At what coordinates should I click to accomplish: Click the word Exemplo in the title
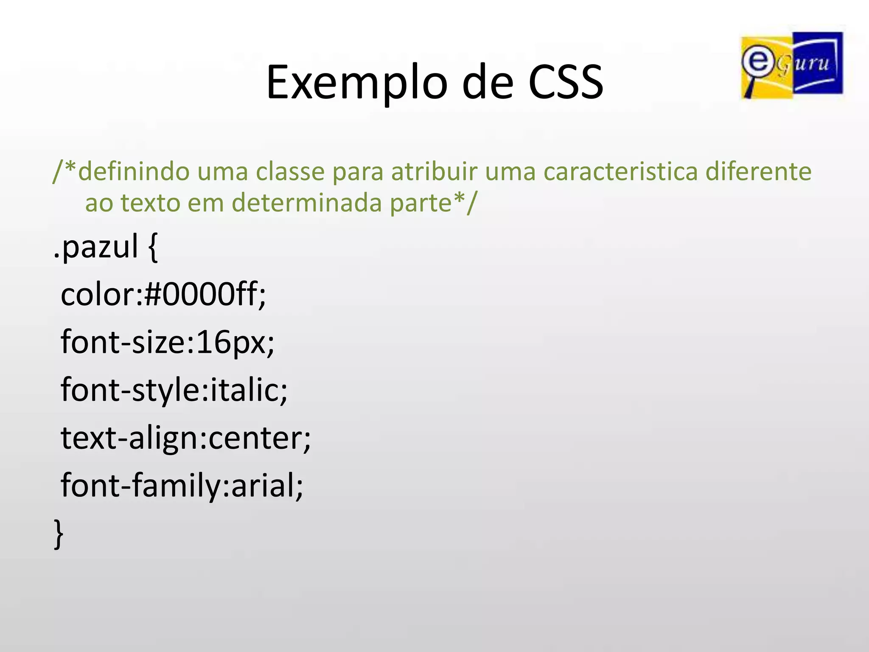point(356,82)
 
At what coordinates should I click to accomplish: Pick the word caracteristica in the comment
point(620,172)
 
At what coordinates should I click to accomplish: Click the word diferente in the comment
point(758,172)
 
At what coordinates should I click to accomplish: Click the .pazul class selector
point(96,247)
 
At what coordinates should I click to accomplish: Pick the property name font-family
point(140,486)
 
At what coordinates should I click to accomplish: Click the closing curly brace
point(59,534)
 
